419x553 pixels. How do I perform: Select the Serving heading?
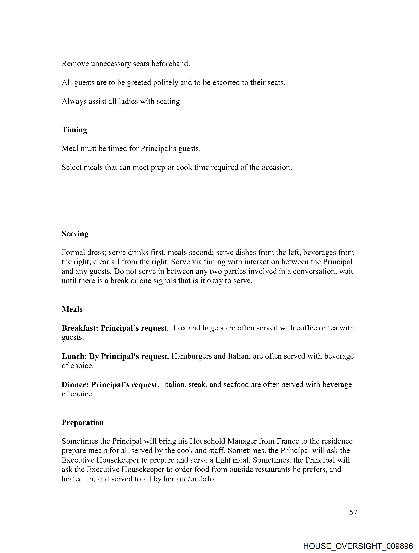(75, 234)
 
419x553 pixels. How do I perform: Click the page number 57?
(353, 512)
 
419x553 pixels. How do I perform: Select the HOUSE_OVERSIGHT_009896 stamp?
(358, 546)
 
